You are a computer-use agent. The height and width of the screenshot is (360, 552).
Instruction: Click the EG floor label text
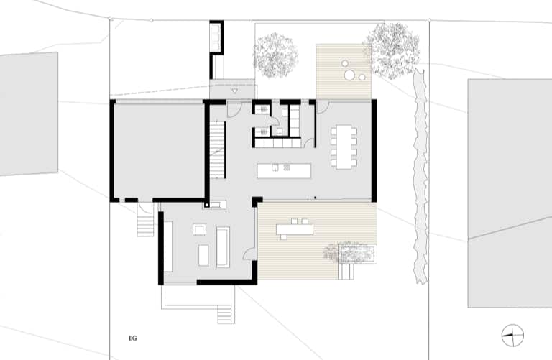point(133,338)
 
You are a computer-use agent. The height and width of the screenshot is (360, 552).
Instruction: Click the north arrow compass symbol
point(512,336)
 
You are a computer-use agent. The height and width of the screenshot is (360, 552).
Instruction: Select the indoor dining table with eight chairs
point(344,147)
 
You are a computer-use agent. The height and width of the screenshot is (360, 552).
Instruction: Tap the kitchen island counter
point(284,171)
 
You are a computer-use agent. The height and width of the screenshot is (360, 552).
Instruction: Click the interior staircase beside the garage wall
point(218,150)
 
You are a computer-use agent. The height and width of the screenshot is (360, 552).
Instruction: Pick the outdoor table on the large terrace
point(295,230)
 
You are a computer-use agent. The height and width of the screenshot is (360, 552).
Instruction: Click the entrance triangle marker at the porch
point(235,91)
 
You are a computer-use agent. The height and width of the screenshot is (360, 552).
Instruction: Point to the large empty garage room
point(158,150)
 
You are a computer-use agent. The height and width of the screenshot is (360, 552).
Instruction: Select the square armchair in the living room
point(200,230)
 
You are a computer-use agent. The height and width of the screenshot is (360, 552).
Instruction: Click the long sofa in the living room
point(223,247)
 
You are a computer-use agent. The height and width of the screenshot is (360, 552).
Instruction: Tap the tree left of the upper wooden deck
point(275,55)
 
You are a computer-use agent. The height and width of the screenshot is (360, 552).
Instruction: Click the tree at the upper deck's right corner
point(392,51)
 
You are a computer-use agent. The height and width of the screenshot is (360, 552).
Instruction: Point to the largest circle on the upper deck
point(349,75)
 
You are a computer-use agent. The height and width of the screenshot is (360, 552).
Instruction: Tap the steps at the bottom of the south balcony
point(226,314)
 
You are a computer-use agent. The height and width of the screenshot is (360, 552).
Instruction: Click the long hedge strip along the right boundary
point(420,176)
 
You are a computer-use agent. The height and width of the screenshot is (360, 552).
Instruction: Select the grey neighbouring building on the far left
point(29,114)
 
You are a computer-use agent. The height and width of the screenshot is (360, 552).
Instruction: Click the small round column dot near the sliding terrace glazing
point(315,198)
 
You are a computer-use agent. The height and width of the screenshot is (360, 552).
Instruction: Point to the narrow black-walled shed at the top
point(216,49)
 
